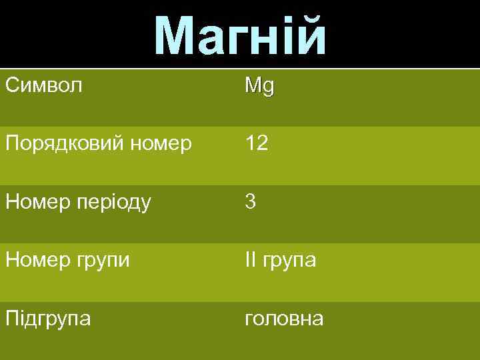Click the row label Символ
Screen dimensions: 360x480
pyautogui.click(x=44, y=85)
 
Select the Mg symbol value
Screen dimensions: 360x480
pyautogui.click(x=259, y=86)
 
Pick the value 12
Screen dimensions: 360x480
pyautogui.click(x=257, y=143)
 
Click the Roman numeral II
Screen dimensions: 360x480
pyautogui.click(x=250, y=260)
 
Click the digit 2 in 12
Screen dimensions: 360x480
pyautogui.click(x=262, y=143)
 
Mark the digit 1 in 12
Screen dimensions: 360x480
pyautogui.click(x=249, y=143)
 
